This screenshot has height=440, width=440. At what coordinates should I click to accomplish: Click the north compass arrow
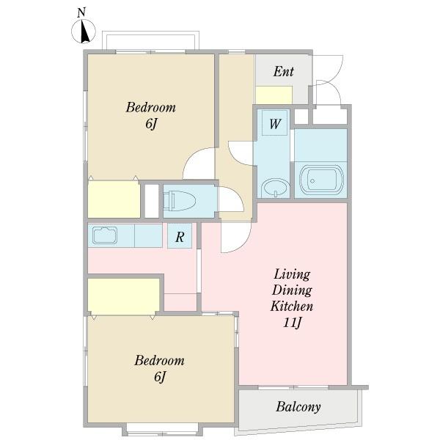[x=84, y=32]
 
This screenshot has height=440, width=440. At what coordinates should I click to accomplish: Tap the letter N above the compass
[x=81, y=13]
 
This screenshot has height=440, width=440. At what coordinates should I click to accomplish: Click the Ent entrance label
[x=283, y=72]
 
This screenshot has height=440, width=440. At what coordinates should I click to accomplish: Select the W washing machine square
[x=274, y=123]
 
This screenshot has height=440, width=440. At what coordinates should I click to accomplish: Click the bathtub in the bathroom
[x=322, y=181]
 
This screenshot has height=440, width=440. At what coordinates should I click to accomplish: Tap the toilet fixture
[x=180, y=200]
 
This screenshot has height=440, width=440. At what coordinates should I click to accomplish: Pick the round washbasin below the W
[x=276, y=188]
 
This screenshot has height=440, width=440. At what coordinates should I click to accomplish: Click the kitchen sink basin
[x=105, y=235]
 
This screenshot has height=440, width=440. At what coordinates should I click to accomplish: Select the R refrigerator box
[x=180, y=235]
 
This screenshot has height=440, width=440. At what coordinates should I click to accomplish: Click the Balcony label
[x=298, y=407]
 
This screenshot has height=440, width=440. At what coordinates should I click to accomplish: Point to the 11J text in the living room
[x=292, y=323]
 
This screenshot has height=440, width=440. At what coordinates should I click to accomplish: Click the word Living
[x=292, y=274]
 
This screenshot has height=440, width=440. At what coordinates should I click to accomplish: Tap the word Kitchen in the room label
[x=292, y=306]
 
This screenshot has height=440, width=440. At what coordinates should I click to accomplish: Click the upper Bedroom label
[x=150, y=108]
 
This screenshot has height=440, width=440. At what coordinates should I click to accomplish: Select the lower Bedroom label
[x=159, y=361]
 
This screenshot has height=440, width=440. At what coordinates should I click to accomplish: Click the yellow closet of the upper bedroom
[x=114, y=199]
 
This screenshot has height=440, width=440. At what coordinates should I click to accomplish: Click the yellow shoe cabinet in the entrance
[x=274, y=95]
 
